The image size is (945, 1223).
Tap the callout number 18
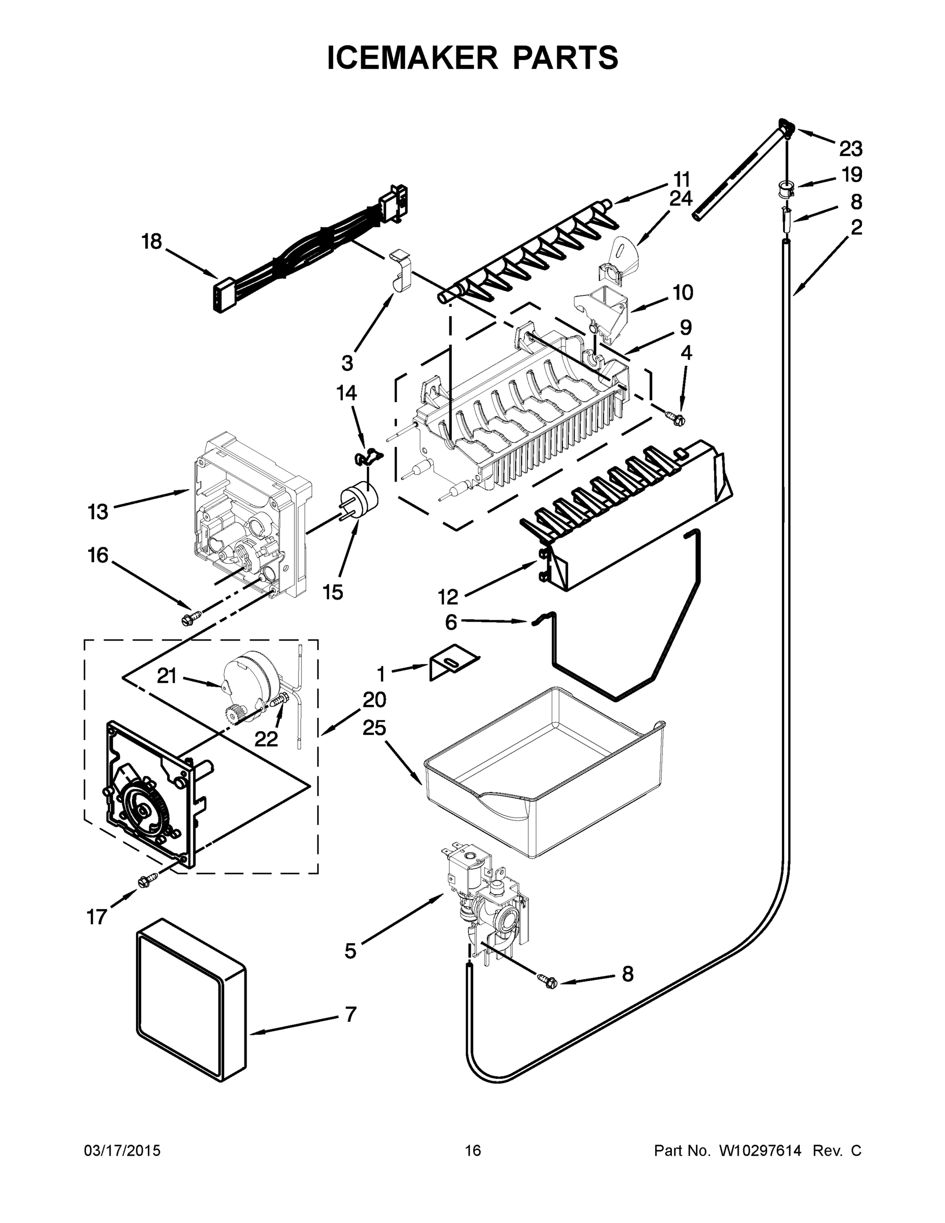coord(151,242)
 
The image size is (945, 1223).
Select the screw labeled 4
coord(675,418)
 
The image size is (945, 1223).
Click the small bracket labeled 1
coord(452,662)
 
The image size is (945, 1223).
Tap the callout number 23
coord(850,149)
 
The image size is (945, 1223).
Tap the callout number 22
coord(266,739)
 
